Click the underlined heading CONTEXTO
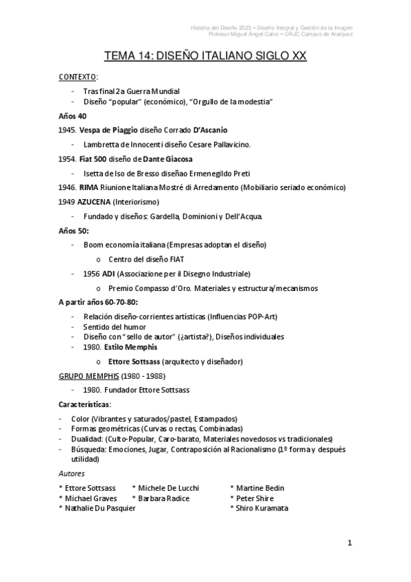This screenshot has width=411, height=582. pyautogui.click(x=78, y=77)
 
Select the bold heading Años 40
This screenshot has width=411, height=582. pyautogui.click(x=73, y=116)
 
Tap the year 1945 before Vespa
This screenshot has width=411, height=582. pyautogui.click(x=68, y=130)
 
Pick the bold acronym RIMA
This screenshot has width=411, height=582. pyautogui.click(x=90, y=187)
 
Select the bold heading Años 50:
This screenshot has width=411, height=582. pyautogui.click(x=74, y=231)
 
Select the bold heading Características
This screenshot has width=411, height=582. pyautogui.click(x=85, y=404)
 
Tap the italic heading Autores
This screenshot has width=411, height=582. pyautogui.click(x=72, y=474)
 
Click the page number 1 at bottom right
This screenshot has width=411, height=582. pyautogui.click(x=349, y=543)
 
